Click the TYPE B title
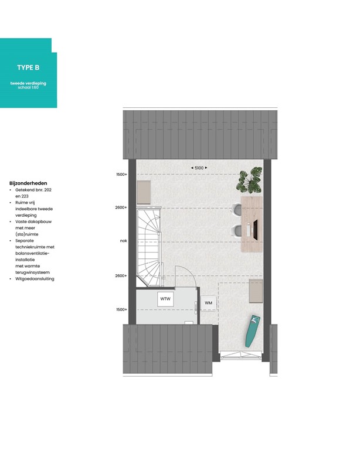(28, 67)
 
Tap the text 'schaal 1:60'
(28, 87)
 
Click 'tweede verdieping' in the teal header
(28, 83)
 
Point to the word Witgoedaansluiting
(35, 279)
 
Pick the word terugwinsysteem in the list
(34, 272)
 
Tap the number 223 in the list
(25, 196)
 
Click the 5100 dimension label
(199, 168)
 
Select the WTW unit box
(165, 299)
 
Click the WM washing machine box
(208, 302)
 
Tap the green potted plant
(250, 180)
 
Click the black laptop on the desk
(256, 228)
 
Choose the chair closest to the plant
(237, 209)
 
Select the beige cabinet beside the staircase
(144, 192)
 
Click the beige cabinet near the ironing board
(256, 291)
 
